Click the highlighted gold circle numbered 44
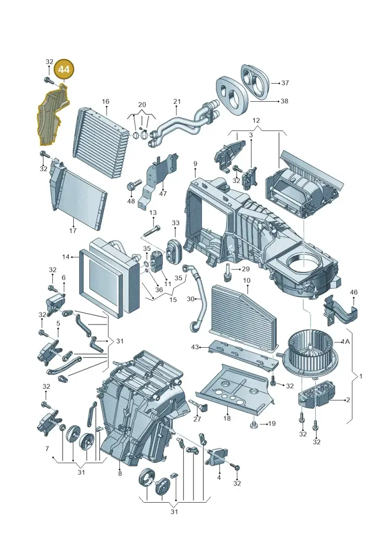(x=64, y=69)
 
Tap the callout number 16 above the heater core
(x=106, y=102)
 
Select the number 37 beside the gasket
(x=285, y=83)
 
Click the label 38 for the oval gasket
(x=284, y=101)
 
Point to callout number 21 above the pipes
(x=176, y=102)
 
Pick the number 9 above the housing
(x=195, y=164)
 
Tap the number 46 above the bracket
(x=354, y=292)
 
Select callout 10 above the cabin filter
(x=246, y=281)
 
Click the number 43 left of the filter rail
(x=195, y=347)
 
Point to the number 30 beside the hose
(x=191, y=299)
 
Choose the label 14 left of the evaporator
(x=66, y=257)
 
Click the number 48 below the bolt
(x=131, y=201)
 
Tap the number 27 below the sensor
(x=197, y=419)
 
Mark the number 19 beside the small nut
(x=271, y=423)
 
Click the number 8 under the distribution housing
(x=120, y=473)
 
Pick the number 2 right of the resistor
(x=348, y=399)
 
